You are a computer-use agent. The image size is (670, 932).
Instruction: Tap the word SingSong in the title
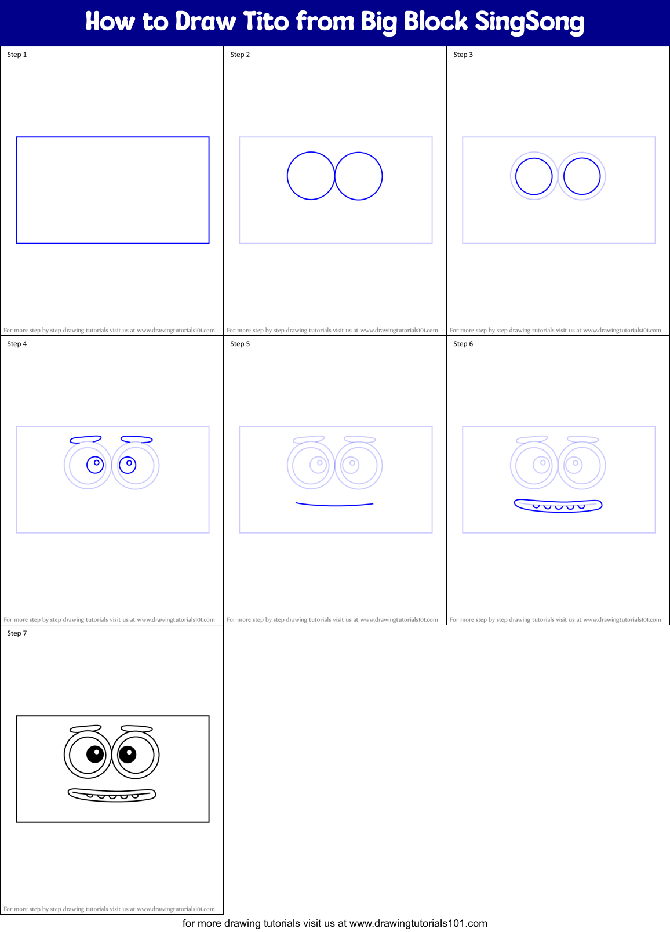[x=529, y=22]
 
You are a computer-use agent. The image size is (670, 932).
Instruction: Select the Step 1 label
[x=17, y=55]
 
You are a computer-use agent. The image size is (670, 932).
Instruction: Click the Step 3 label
[x=463, y=55]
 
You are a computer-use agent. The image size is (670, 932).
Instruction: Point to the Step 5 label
[x=240, y=344]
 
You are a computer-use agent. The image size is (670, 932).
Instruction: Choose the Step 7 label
[x=17, y=633]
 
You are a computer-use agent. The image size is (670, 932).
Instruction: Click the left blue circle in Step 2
[x=311, y=176]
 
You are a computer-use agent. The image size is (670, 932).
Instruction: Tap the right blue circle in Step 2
[x=359, y=176]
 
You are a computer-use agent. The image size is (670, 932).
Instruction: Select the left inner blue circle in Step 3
[x=534, y=176]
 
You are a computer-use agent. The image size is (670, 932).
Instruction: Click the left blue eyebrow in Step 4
[x=86, y=439]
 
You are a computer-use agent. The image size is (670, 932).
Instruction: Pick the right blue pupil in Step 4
[x=128, y=465]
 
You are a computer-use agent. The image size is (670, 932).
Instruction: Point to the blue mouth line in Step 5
[x=334, y=505]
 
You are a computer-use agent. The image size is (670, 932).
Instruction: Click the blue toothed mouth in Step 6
[x=558, y=505]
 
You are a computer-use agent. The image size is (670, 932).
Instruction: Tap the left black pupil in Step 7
[x=95, y=754]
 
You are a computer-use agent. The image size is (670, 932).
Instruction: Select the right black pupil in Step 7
[x=128, y=754]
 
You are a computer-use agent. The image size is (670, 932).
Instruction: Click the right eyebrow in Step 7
[x=137, y=728]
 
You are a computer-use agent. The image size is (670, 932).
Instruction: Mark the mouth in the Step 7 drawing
[x=112, y=795]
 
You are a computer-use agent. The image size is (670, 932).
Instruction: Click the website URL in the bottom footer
[x=418, y=923]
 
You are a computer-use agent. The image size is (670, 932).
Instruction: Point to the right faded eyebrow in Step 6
[x=583, y=439]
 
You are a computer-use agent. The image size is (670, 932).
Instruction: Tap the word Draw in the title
[x=206, y=21]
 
